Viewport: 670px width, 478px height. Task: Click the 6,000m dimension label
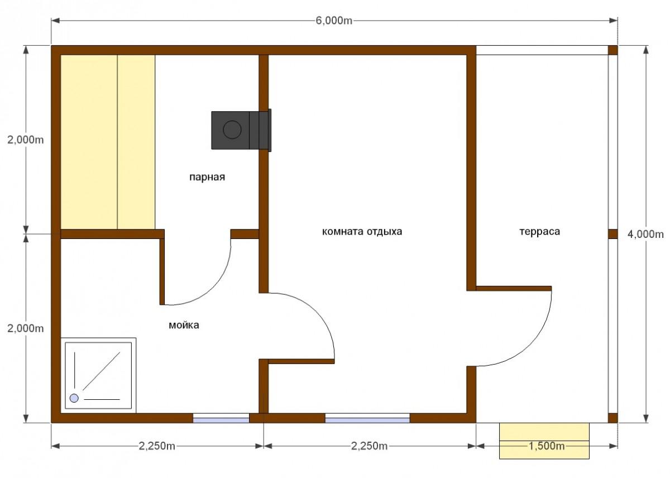point(334,21)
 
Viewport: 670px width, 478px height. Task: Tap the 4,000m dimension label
point(645,235)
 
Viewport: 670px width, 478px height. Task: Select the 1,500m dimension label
point(546,446)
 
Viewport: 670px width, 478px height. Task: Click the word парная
point(207,177)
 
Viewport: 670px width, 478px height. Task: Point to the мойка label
point(184,325)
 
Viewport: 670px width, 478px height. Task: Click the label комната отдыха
point(362,232)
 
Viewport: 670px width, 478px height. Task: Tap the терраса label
point(539,232)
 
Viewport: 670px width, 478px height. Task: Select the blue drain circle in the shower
point(74,398)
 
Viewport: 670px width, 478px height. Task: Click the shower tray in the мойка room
point(98,375)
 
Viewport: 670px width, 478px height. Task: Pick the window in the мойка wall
point(221,418)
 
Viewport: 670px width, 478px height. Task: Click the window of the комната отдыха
point(367,418)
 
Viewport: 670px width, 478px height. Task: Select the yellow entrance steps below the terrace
point(544,441)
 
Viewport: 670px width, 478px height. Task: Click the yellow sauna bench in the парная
point(108,142)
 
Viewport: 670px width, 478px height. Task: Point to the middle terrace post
point(613,234)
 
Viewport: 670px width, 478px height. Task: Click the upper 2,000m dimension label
point(26,140)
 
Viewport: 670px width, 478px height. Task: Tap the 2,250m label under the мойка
point(157,446)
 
